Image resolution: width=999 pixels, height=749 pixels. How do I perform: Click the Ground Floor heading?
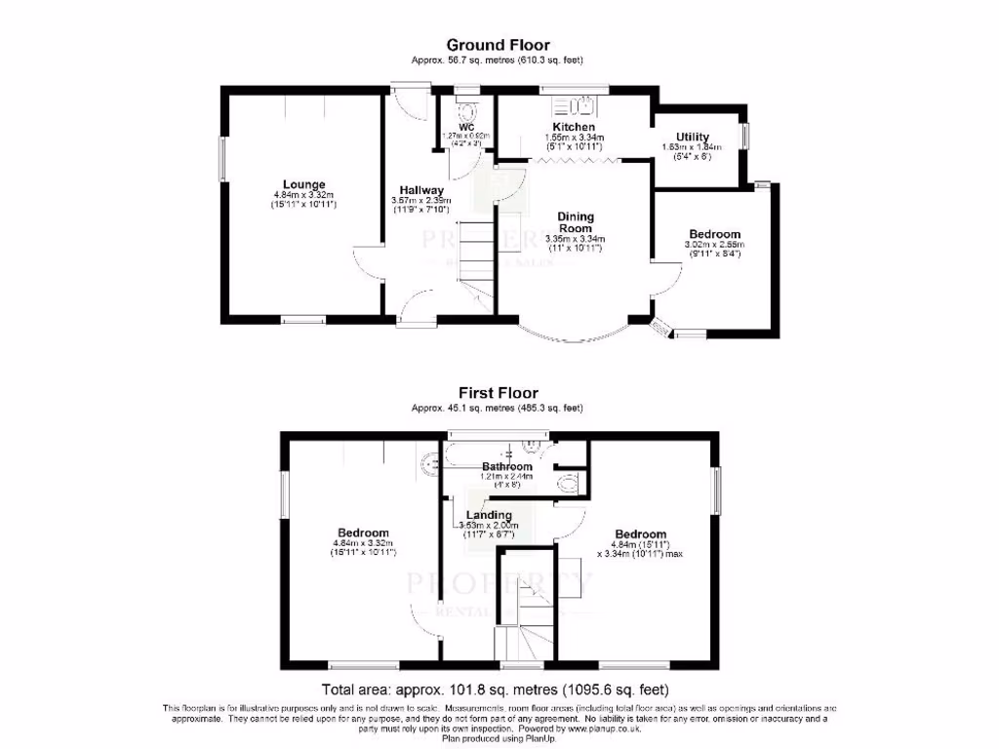pos(498,45)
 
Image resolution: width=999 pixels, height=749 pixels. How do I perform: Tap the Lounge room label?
pos(304,184)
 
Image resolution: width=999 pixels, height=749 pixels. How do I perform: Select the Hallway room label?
pos(421,190)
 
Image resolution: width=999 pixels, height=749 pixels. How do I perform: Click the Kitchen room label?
pos(574,128)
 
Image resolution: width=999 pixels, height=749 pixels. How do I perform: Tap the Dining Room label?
pos(576,222)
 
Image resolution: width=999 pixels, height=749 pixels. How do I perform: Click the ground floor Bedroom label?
pos(714,234)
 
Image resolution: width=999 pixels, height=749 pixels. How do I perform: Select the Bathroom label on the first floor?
pos(507,467)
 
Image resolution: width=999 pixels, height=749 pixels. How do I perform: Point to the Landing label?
pos(489,515)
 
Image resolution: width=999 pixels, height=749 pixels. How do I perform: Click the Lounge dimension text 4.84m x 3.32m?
pos(304,195)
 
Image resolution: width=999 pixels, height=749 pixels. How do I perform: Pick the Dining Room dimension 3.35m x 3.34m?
pos(576,239)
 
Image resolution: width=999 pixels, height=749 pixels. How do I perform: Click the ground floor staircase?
pos(475,256)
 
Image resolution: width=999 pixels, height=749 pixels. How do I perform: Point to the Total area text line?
pos(499,688)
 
